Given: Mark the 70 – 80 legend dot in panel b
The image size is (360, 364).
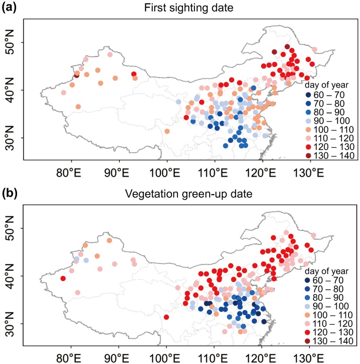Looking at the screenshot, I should point(308,289).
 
